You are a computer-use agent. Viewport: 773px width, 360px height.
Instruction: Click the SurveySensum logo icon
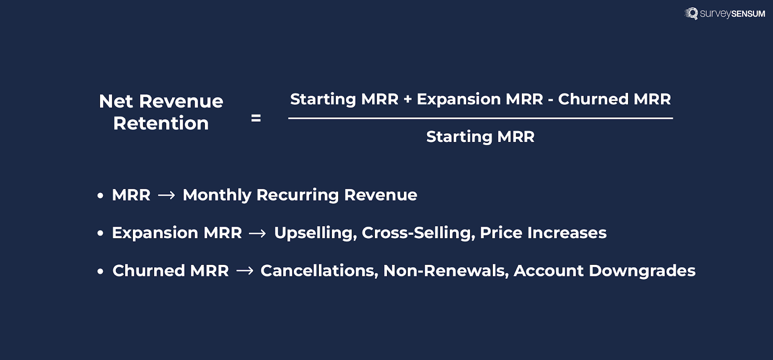tap(691, 13)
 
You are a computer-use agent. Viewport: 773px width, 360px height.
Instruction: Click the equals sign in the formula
tap(256, 118)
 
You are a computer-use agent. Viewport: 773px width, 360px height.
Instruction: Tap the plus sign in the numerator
tap(408, 100)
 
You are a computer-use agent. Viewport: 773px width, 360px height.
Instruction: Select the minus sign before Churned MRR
tap(550, 101)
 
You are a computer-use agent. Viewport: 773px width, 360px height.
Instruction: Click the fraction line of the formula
tap(480, 118)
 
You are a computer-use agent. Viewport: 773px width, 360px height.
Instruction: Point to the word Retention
tap(161, 124)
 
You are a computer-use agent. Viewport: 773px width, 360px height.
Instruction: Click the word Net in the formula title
tap(116, 101)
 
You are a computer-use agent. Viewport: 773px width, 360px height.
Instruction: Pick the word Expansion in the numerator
tap(458, 99)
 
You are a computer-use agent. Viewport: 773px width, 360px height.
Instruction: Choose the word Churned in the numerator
tap(593, 99)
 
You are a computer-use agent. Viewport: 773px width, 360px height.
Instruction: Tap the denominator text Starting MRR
tap(480, 137)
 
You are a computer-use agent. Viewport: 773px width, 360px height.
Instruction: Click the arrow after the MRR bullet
tap(167, 195)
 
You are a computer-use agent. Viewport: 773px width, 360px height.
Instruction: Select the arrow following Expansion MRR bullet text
tap(258, 233)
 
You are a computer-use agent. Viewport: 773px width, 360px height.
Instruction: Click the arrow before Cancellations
tap(245, 271)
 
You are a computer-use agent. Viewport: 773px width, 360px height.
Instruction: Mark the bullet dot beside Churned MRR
tap(100, 272)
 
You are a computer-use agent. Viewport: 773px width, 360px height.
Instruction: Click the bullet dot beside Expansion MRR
tap(100, 233)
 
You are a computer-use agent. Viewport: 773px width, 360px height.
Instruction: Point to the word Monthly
tap(217, 195)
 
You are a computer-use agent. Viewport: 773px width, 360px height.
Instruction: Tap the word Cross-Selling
tap(418, 233)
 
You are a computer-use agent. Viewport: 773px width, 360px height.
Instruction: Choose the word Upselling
tap(315, 233)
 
